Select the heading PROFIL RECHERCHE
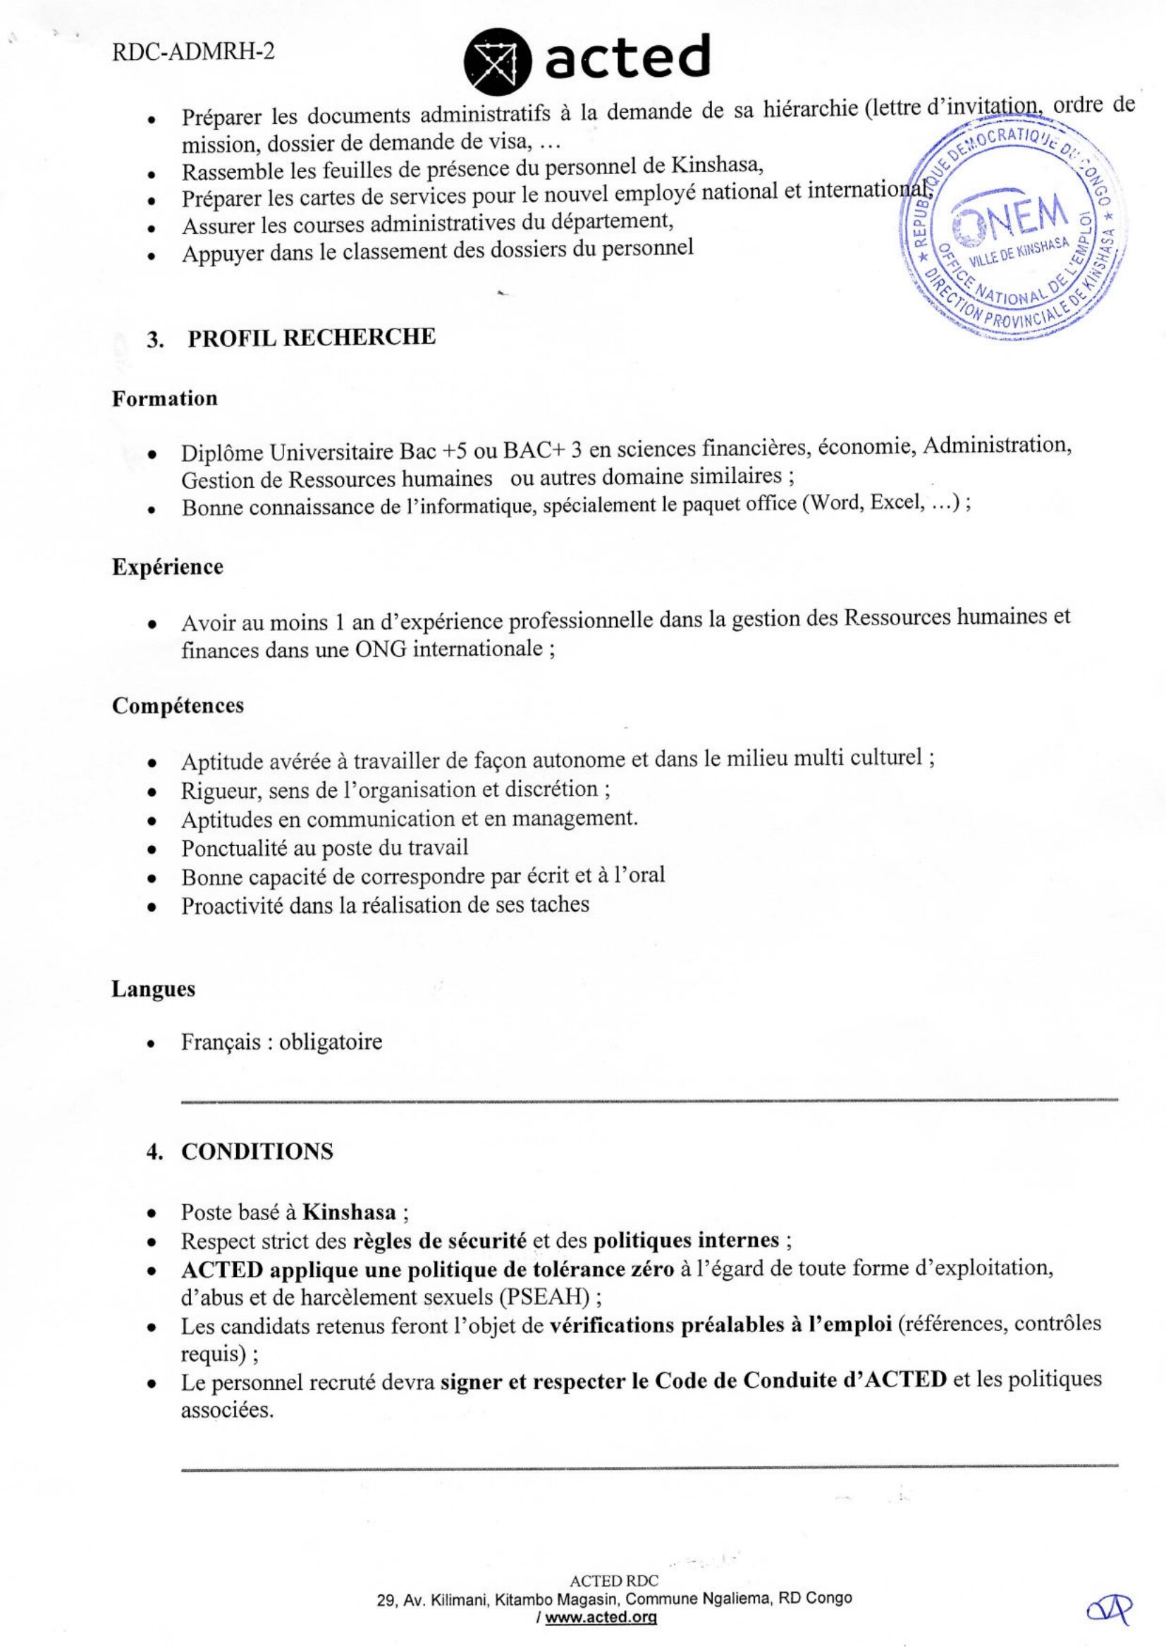[x=311, y=338]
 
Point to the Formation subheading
[x=164, y=398]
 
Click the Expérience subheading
[x=167, y=566]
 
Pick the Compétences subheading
[x=178, y=706]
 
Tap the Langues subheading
[x=153, y=988]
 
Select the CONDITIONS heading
[x=257, y=1151]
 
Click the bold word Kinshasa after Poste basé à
[x=349, y=1212]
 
